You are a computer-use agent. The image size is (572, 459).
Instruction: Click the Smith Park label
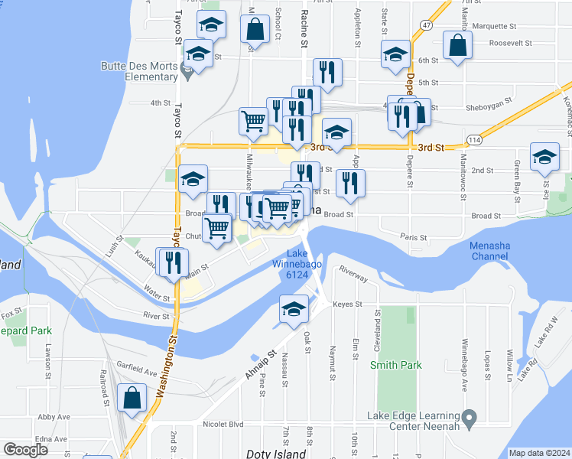395,365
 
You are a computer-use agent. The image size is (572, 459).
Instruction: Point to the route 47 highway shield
424,25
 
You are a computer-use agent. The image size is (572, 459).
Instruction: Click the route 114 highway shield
475,140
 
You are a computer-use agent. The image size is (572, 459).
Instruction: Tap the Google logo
25,449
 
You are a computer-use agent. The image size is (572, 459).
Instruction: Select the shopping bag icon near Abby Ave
132,397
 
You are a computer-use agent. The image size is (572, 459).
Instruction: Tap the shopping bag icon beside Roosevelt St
457,44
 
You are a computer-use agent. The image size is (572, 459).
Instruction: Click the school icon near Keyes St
293,308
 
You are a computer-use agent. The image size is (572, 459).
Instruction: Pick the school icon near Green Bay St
544,156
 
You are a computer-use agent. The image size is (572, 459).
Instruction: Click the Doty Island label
275,454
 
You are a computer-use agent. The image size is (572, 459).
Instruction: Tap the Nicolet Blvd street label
223,424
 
